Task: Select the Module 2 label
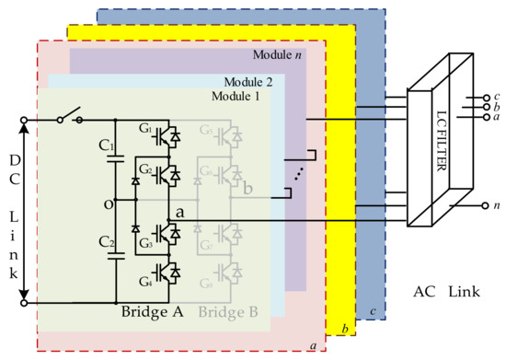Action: (x=260, y=81)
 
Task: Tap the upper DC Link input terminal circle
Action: (x=17, y=119)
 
